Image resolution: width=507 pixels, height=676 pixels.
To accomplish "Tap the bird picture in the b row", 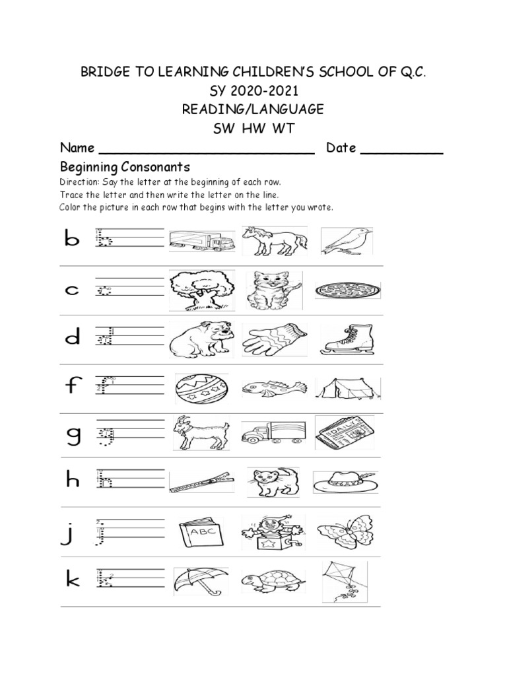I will (x=347, y=242).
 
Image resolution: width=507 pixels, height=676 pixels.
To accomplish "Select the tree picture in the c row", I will (x=201, y=288).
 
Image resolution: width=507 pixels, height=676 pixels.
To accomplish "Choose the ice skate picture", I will (x=347, y=338).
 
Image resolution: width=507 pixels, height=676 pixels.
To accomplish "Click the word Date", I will (x=341, y=148).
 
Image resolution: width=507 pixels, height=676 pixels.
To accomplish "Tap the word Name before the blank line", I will (x=77, y=148).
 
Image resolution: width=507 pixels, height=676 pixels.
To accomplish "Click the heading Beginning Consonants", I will (x=125, y=166).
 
